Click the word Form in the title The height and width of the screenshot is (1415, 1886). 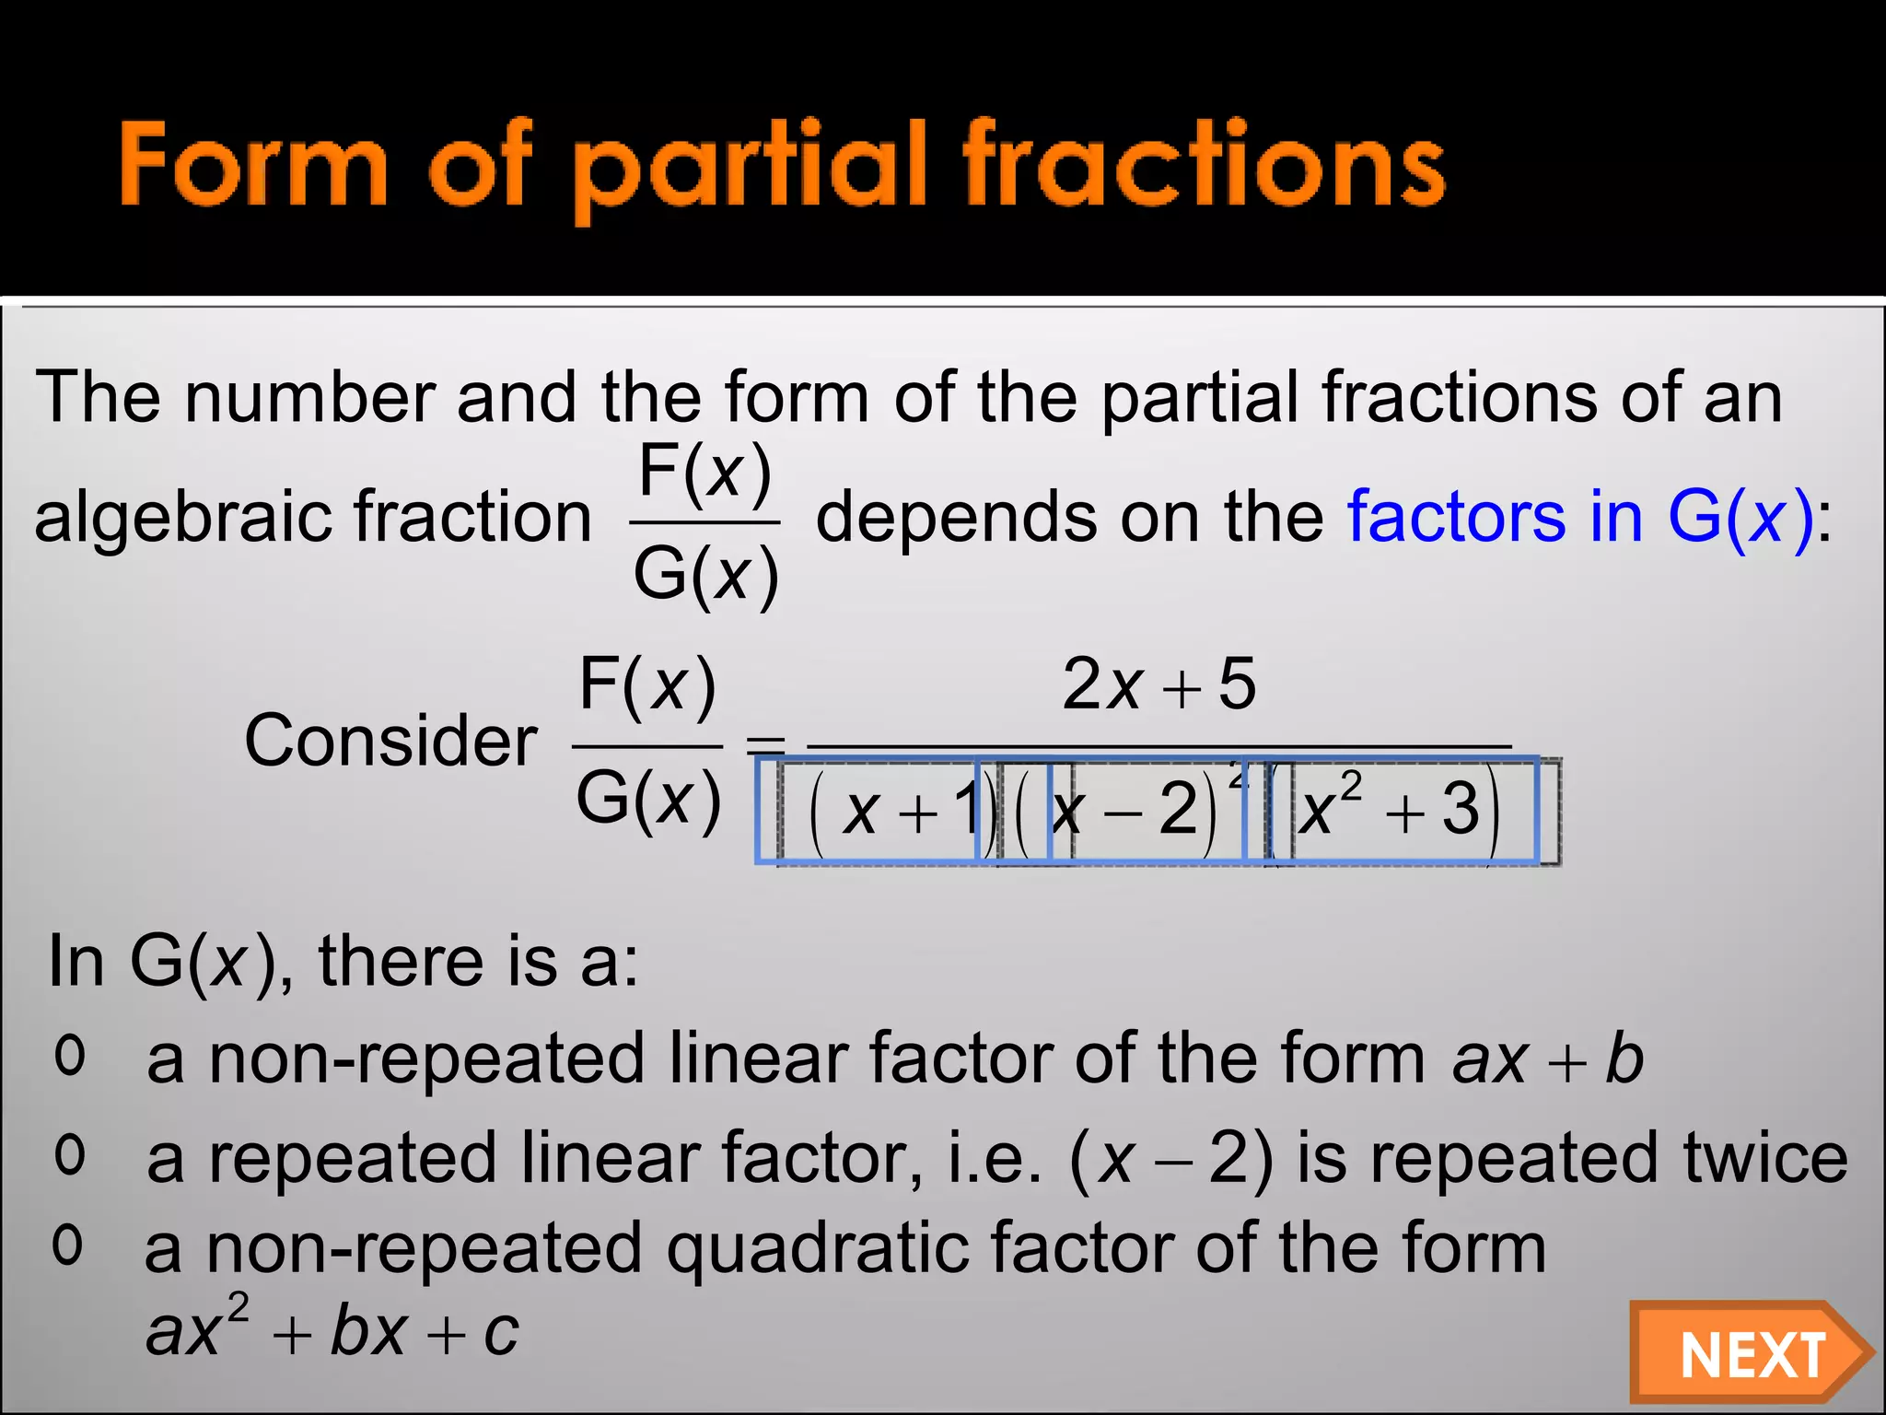click(x=253, y=166)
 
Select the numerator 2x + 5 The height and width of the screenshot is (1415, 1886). click(x=1158, y=685)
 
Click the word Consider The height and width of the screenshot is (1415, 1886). click(x=390, y=741)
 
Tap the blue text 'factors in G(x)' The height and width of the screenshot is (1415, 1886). click(x=1580, y=517)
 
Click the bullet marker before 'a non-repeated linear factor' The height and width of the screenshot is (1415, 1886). click(x=70, y=1056)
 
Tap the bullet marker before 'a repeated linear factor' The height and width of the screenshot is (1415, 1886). click(x=70, y=1155)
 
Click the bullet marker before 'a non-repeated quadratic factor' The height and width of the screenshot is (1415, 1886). click(x=68, y=1245)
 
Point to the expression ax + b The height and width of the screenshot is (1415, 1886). click(x=1547, y=1059)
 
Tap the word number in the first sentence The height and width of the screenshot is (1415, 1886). click(x=309, y=397)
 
